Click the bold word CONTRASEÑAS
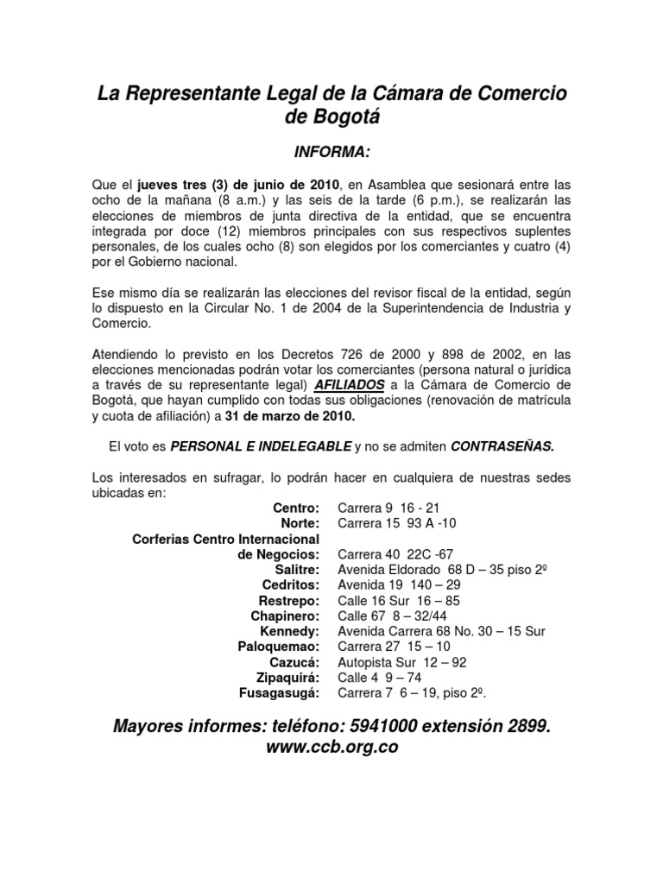(503, 446)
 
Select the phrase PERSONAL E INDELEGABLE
(260, 446)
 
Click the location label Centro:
(296, 508)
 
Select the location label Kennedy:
(290, 631)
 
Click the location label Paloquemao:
(278, 647)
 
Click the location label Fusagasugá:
(279, 693)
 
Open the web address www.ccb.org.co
(332, 748)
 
